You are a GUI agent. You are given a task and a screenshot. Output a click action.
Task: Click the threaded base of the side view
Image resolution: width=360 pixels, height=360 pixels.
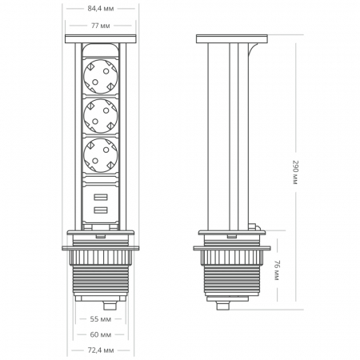pos(230,282)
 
